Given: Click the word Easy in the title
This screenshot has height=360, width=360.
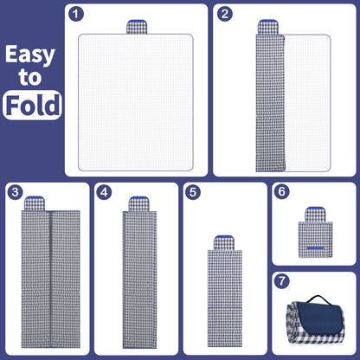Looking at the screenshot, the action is point(30,55).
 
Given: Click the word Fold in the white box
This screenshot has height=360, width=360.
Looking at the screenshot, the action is point(33,105).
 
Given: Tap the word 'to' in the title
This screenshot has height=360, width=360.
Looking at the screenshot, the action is point(30,77).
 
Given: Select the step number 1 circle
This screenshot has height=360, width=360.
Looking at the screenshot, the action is point(76,14).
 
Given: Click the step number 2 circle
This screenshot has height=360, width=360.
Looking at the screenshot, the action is point(225,14).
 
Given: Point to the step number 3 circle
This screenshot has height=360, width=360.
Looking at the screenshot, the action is point(15,192).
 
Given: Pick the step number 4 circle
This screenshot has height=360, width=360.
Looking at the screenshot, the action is point(104,192).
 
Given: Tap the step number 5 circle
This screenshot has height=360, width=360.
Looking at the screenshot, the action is point(193,192).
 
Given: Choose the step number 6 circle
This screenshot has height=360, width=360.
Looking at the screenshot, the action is point(282,191).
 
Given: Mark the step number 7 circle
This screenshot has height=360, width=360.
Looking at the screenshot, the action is point(282,280).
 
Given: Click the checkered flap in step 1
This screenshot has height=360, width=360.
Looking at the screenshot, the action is point(137,27).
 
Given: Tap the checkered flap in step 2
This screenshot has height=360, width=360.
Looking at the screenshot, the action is point(267,27).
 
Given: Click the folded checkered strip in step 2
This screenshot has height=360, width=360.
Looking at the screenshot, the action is point(270,103).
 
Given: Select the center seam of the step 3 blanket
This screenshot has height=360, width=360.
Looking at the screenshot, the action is point(51,279).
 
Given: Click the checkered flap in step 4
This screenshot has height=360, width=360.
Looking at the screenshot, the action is point(138,204).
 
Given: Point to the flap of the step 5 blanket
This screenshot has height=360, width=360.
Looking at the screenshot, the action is point(224,243).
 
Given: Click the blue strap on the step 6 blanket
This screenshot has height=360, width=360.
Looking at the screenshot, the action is point(315,248).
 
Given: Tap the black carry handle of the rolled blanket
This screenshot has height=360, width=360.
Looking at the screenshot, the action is point(318,299).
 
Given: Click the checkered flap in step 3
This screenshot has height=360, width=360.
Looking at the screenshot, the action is point(35,203).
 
